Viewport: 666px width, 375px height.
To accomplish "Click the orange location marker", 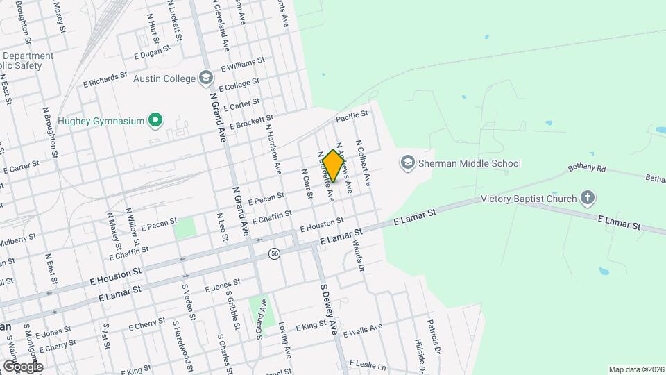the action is (x=333, y=165).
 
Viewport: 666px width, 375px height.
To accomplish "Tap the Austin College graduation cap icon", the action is (x=205, y=78).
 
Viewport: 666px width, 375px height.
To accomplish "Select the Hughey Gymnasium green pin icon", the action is (x=156, y=121).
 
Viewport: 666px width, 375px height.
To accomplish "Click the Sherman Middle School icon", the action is (x=407, y=164).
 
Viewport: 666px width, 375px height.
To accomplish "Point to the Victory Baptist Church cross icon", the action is (x=588, y=199).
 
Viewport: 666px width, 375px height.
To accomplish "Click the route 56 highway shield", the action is (x=275, y=253).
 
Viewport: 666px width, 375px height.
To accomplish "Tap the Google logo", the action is (x=22, y=366).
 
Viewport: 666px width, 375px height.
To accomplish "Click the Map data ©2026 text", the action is (x=635, y=369).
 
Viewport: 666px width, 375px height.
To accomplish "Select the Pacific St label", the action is (x=352, y=119).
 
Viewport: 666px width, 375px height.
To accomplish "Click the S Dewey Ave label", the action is (x=328, y=309).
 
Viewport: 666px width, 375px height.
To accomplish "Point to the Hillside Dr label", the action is (x=418, y=355).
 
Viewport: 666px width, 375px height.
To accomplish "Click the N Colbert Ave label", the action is (x=364, y=163).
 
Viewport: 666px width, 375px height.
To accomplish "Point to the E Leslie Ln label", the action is (x=368, y=364).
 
